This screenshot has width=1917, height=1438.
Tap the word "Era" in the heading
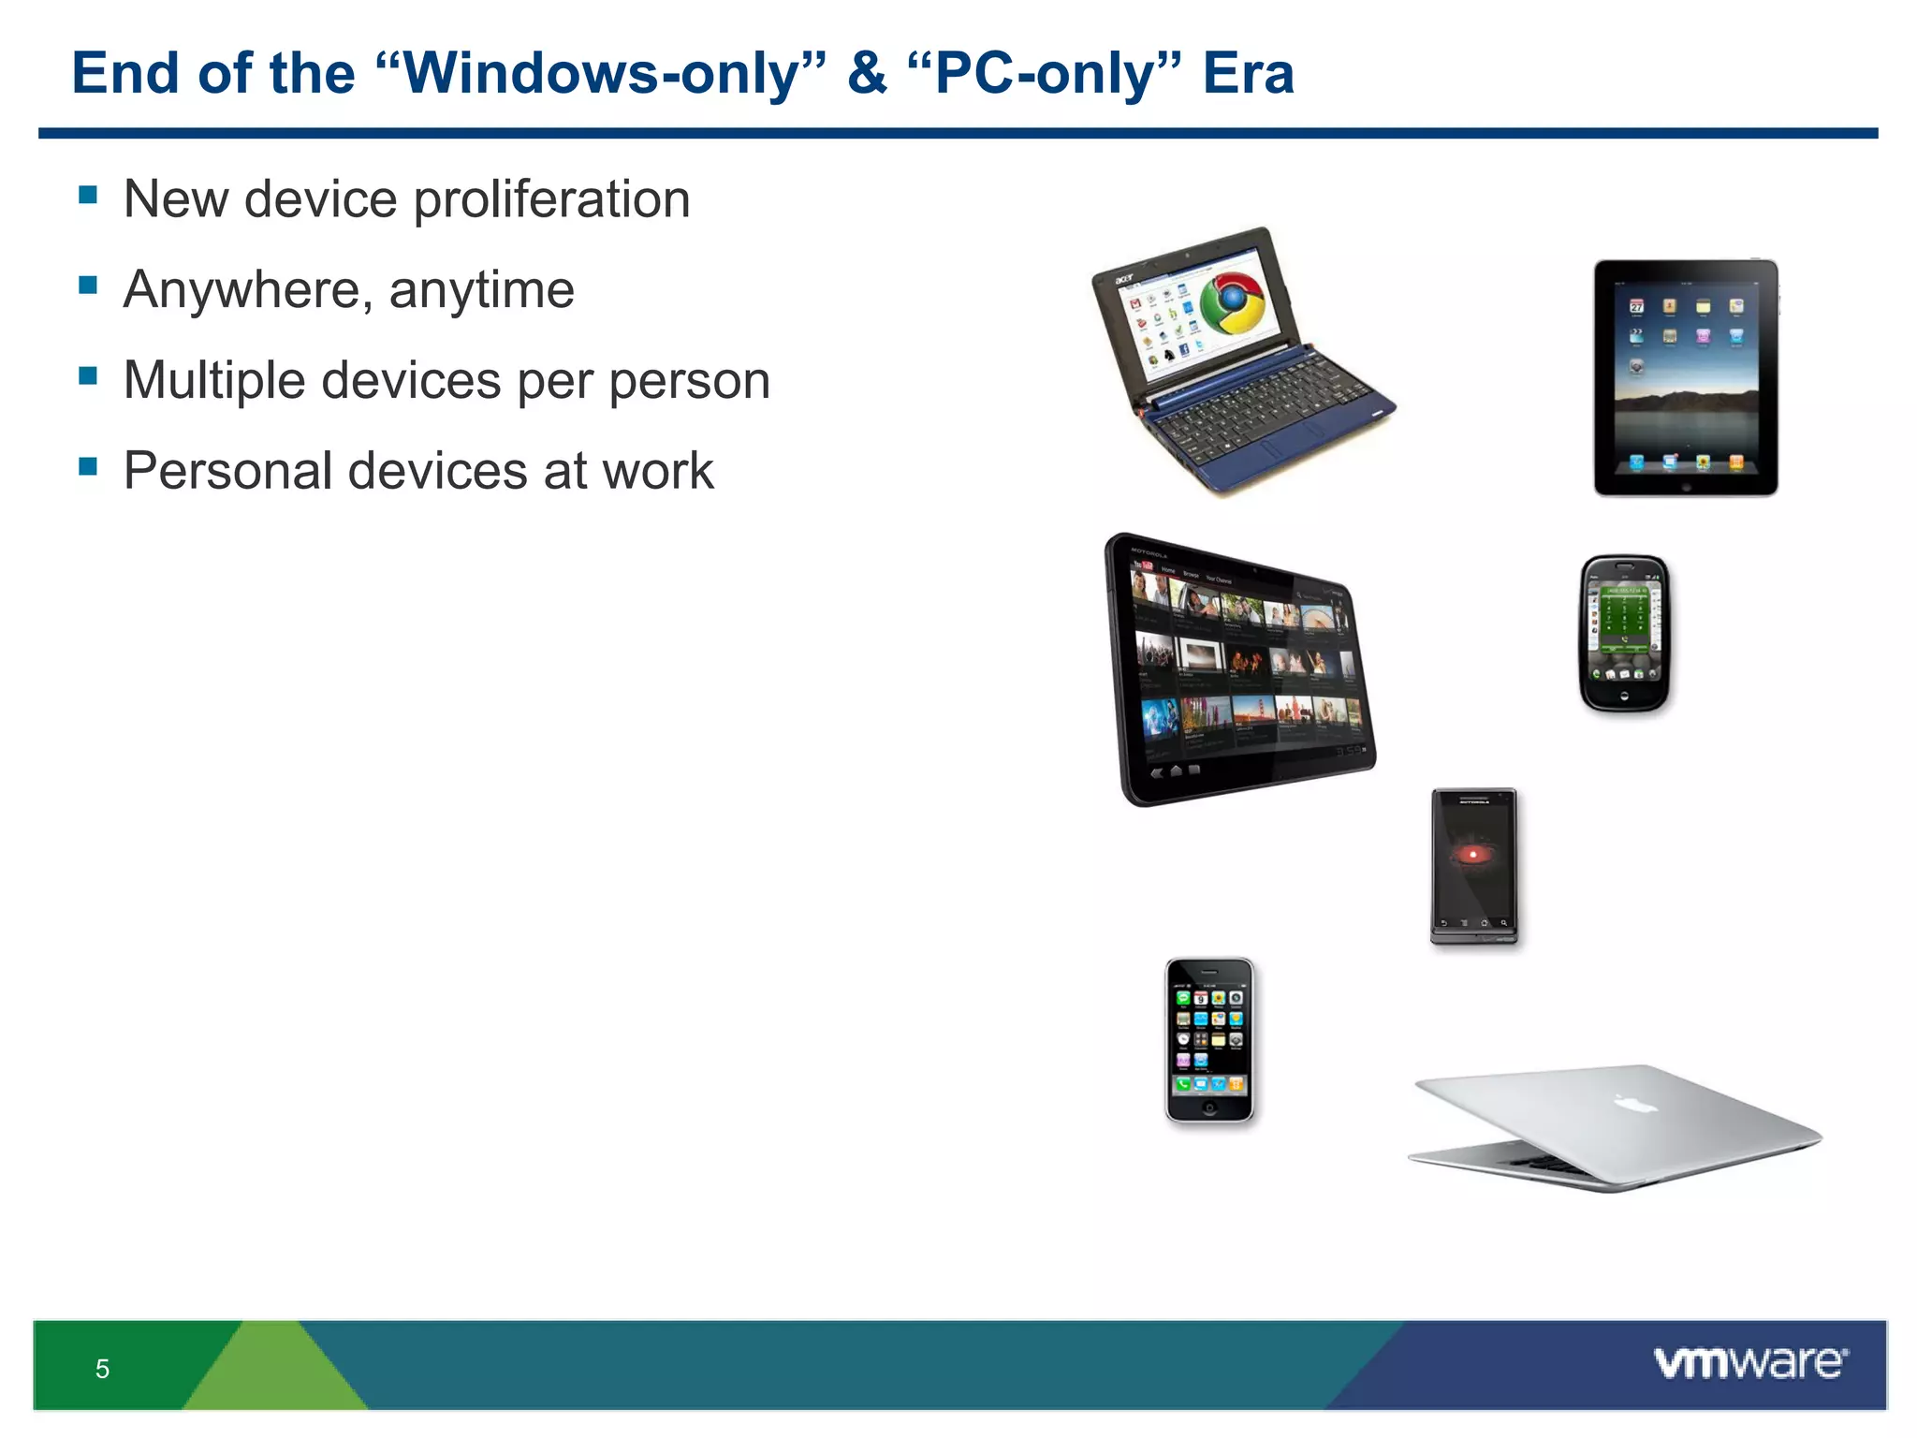tap(1247, 73)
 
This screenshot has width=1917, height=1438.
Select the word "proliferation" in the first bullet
tap(551, 199)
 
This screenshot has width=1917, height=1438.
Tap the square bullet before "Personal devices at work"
tap(88, 465)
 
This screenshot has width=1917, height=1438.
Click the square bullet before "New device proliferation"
tap(88, 195)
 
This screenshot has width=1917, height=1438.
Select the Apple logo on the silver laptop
tap(1635, 1105)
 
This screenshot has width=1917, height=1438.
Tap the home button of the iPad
tap(1686, 487)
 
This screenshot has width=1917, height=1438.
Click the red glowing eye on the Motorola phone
tap(1473, 854)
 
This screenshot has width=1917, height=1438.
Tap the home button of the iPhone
tap(1209, 1108)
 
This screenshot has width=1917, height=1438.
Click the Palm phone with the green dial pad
tap(1625, 634)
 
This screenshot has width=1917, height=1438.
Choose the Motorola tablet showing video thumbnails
tap(1240, 669)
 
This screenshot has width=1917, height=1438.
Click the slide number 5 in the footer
tap(102, 1369)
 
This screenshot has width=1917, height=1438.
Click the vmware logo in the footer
tap(1749, 1363)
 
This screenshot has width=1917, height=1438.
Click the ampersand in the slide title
tap(866, 73)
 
